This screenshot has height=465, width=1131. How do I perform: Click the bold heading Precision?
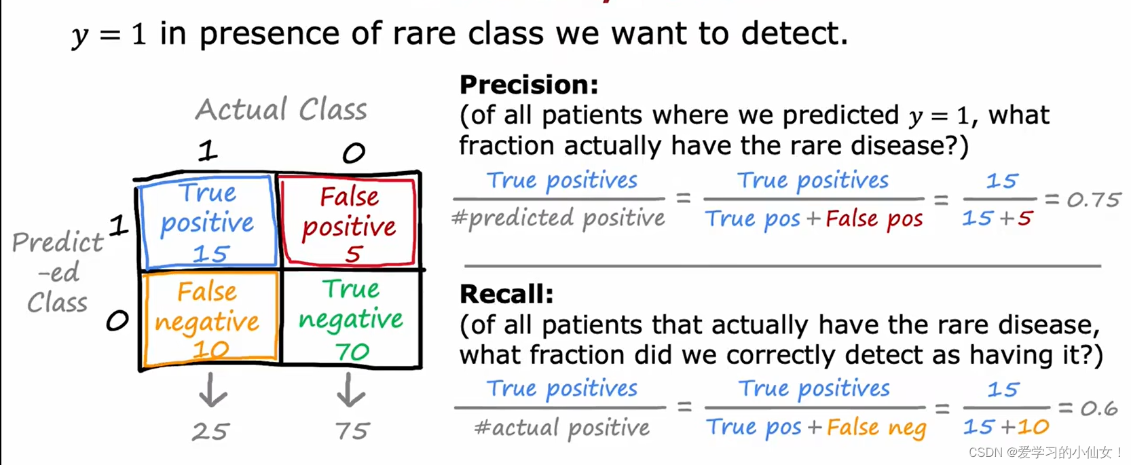click(x=529, y=85)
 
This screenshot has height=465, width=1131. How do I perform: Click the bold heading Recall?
click(x=506, y=294)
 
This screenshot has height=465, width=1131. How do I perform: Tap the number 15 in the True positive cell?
click(x=211, y=253)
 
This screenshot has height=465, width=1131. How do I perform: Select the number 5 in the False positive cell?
click(x=354, y=254)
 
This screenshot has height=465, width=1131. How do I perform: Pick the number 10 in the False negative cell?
click(x=211, y=350)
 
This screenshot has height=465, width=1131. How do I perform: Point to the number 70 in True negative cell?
click(x=352, y=352)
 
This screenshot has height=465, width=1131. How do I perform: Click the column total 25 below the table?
click(x=210, y=432)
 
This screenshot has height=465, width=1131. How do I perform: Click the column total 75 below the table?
click(x=352, y=431)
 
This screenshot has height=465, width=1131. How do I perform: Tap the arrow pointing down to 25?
click(x=212, y=390)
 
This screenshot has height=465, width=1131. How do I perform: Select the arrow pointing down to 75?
click(x=350, y=390)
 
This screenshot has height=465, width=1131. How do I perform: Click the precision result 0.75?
click(x=1094, y=200)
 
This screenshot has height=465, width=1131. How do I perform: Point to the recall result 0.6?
click(x=1099, y=409)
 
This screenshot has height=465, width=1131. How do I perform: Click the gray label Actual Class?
click(x=282, y=109)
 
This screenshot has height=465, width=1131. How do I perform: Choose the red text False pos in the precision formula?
click(x=874, y=219)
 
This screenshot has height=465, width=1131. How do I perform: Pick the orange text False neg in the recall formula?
click(x=876, y=428)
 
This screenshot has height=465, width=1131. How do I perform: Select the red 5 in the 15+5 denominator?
click(x=1025, y=219)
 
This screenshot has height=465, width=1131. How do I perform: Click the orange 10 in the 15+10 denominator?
click(x=1033, y=427)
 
